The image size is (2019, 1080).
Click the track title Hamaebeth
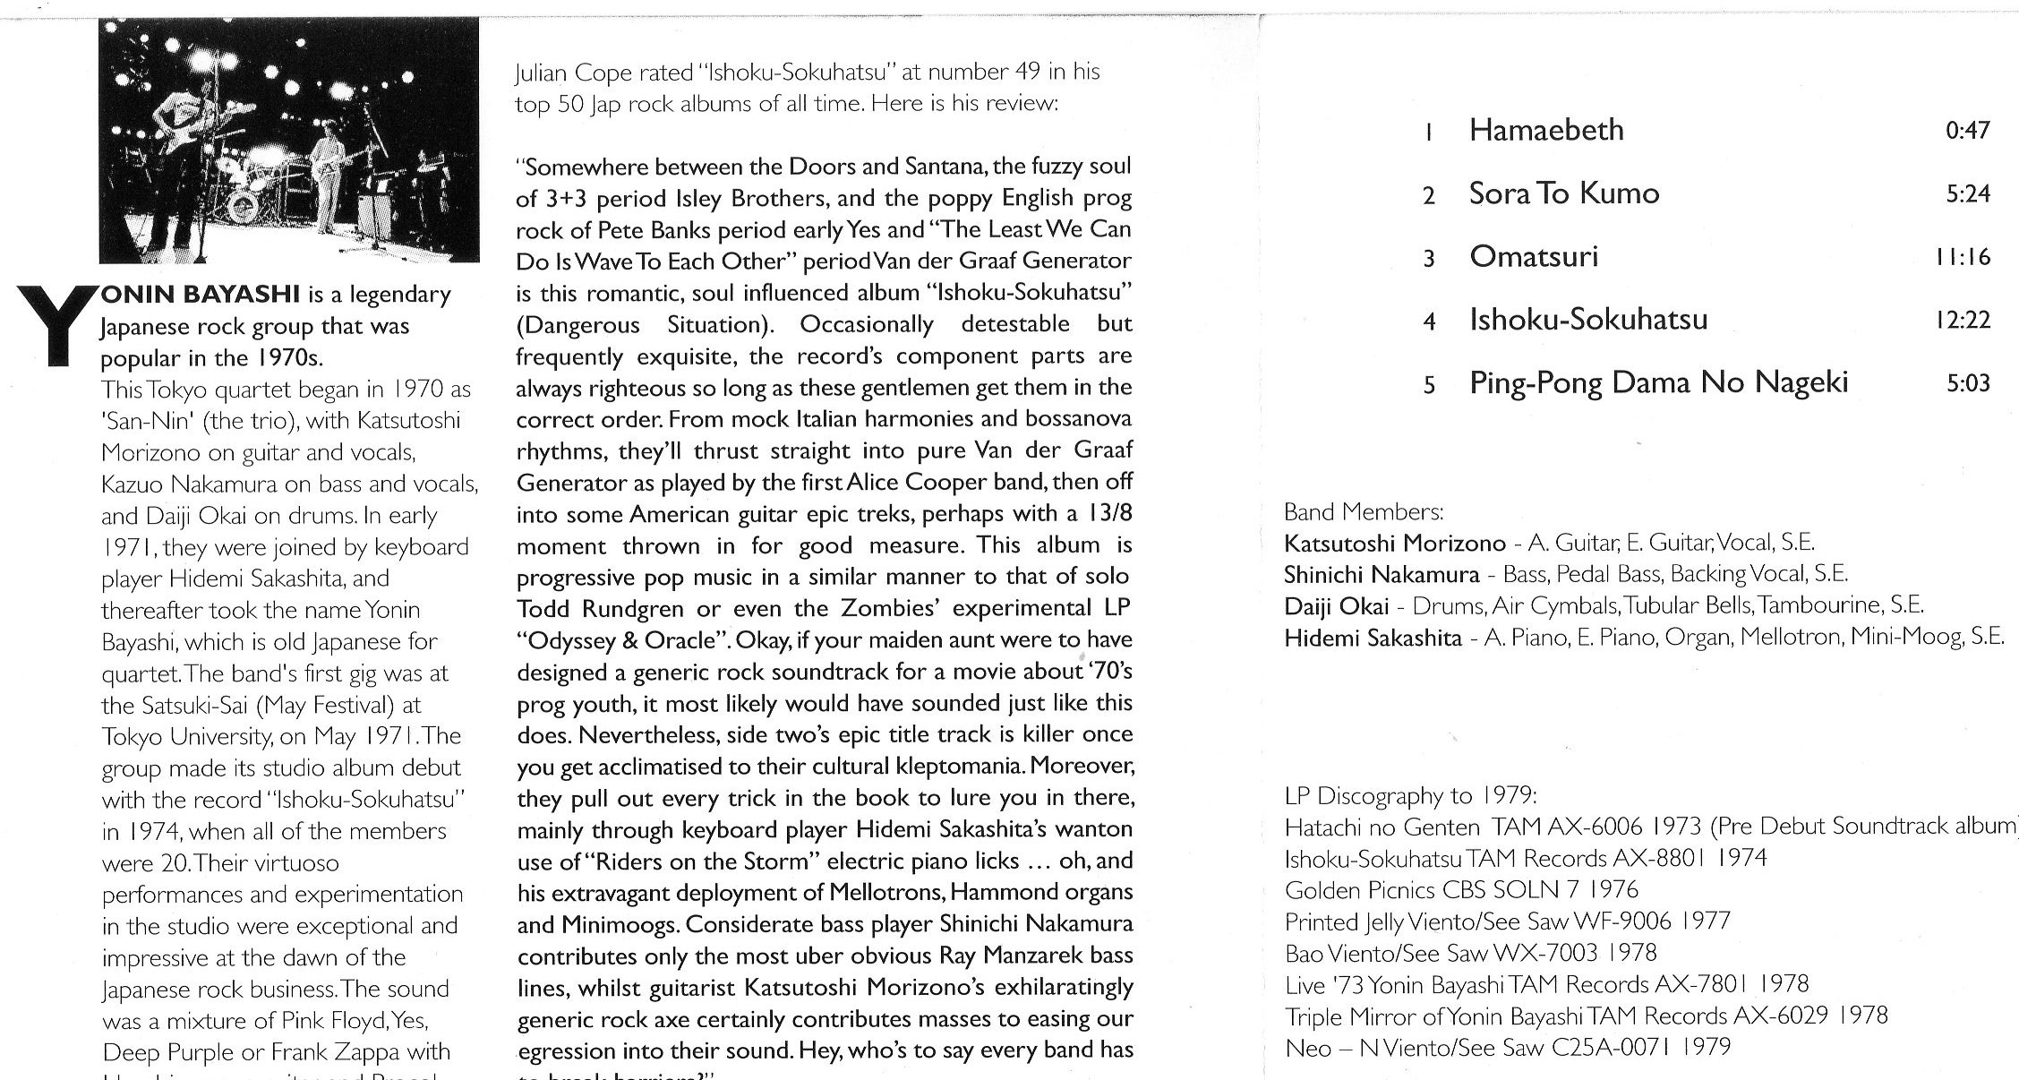point(1558,131)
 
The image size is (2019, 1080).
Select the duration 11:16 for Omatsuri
point(1960,258)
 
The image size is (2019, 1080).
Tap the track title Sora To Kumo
point(1563,194)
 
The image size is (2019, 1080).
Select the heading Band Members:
point(1364,512)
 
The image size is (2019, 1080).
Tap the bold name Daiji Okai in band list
point(1336,607)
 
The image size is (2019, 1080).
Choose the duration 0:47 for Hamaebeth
point(1967,131)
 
